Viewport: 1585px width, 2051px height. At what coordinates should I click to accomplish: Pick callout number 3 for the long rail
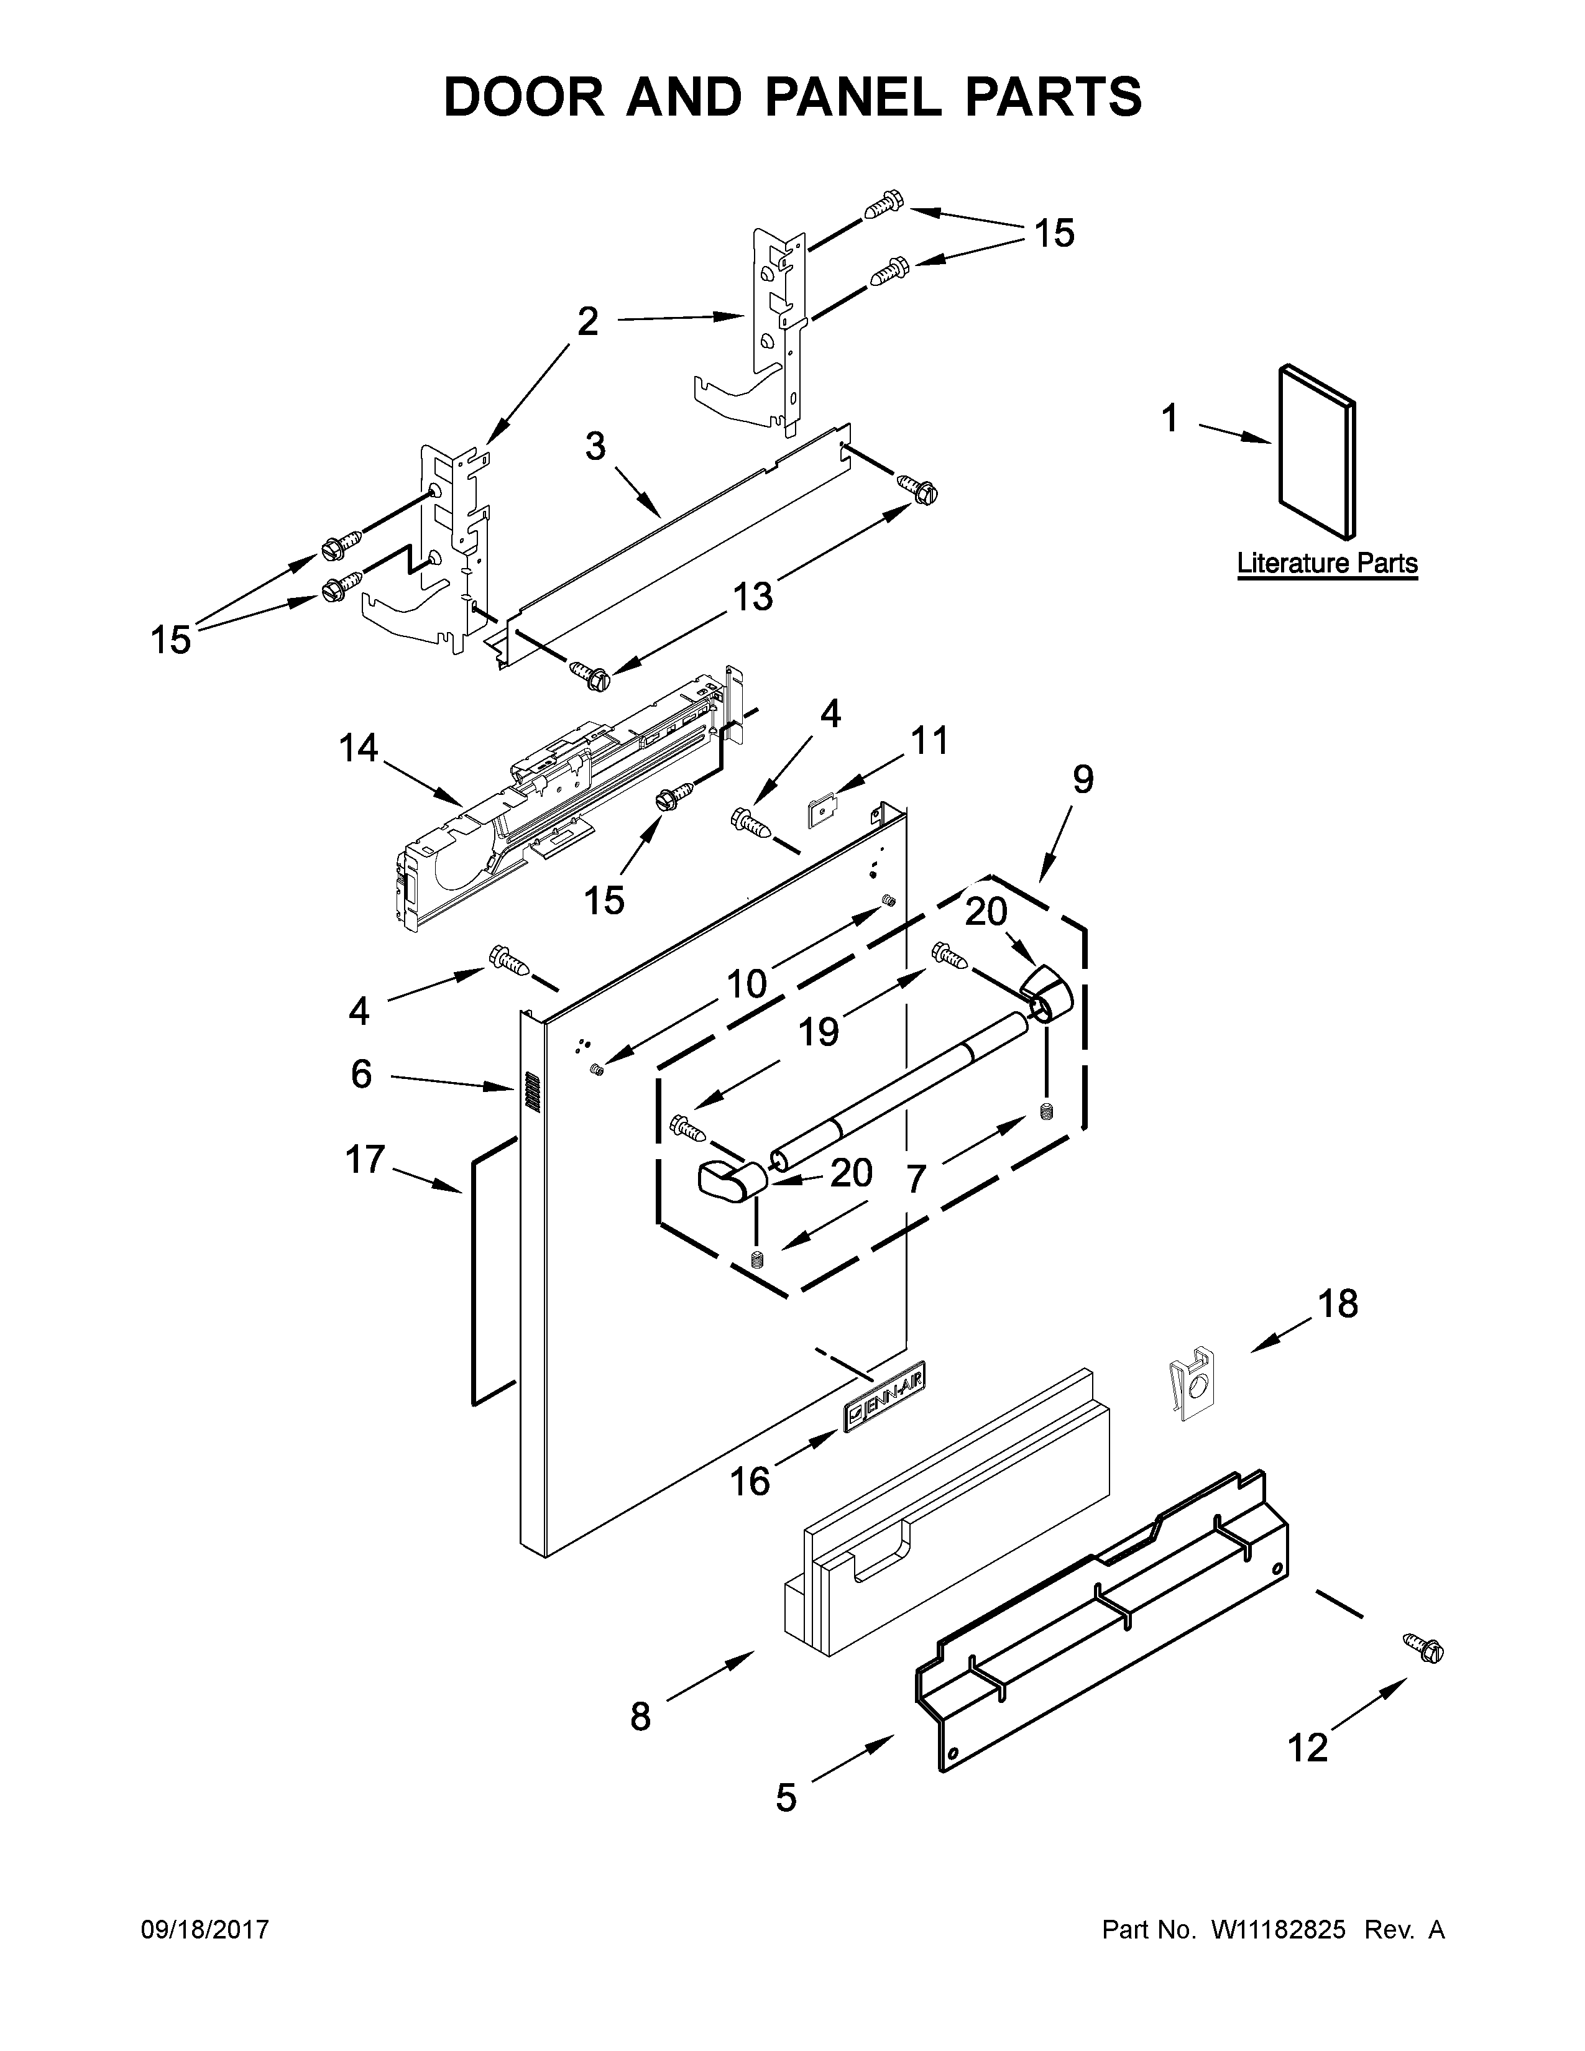595,447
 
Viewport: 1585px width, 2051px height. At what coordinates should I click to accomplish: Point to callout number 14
358,748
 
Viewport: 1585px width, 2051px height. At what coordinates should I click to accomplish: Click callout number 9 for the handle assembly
1083,779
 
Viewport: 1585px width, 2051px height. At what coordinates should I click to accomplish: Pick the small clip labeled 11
822,811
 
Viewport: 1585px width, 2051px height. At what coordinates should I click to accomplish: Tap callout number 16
750,1482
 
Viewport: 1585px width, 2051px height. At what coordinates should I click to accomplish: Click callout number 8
640,1717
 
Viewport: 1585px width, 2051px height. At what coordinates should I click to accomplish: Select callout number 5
786,1797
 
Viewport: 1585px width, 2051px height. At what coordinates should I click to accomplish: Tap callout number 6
362,1073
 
